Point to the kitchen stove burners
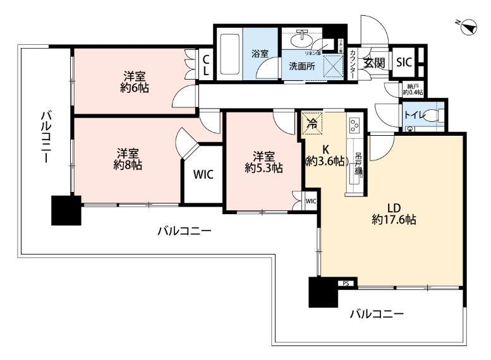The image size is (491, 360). click(354, 125)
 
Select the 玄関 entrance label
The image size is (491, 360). click(373, 62)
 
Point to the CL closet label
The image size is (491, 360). click(206, 66)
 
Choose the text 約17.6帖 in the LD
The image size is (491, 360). click(394, 220)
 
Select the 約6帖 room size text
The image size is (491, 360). click(135, 87)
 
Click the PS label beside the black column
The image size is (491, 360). click(345, 284)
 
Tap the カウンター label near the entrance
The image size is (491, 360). click(352, 64)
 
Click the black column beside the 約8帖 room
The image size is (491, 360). click(66, 210)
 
